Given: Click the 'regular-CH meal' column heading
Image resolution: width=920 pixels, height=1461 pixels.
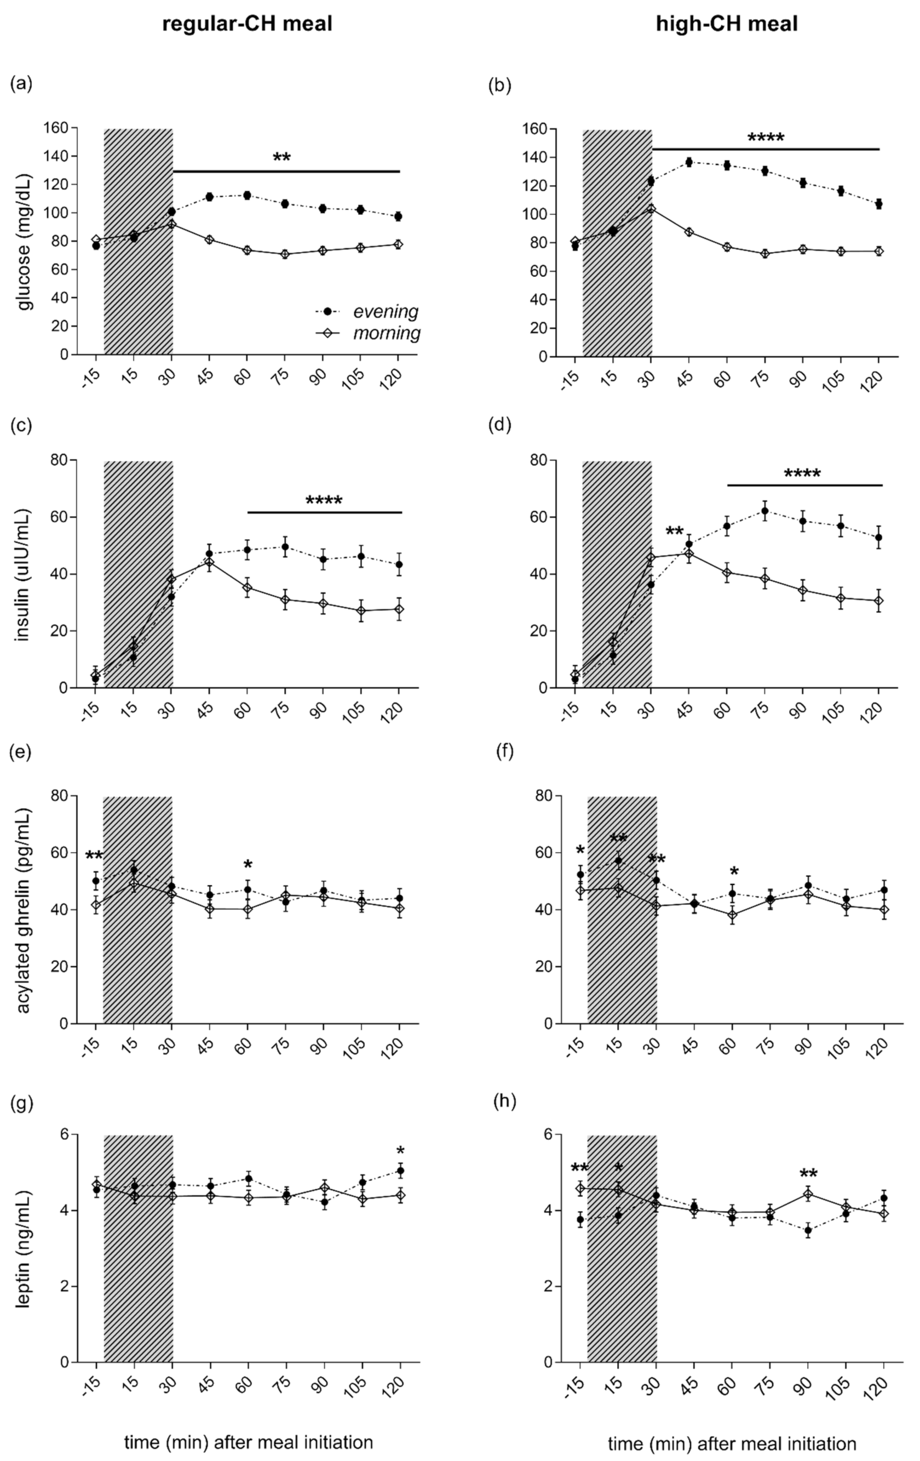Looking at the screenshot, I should tap(248, 24).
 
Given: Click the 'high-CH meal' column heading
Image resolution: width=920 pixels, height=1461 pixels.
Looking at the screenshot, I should tap(727, 24).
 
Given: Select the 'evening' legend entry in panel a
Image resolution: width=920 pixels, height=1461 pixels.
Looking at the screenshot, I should tap(386, 312).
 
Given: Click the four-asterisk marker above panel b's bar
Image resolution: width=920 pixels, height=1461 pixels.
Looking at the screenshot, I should tap(766, 138).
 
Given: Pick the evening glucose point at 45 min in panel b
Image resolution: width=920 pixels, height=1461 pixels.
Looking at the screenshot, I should tap(689, 162).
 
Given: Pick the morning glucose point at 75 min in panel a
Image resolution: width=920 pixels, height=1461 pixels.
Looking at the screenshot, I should tap(284, 254).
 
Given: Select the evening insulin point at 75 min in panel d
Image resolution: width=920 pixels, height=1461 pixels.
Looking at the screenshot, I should tap(764, 511).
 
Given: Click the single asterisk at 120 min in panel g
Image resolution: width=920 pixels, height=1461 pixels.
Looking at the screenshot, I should tap(400, 1151).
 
